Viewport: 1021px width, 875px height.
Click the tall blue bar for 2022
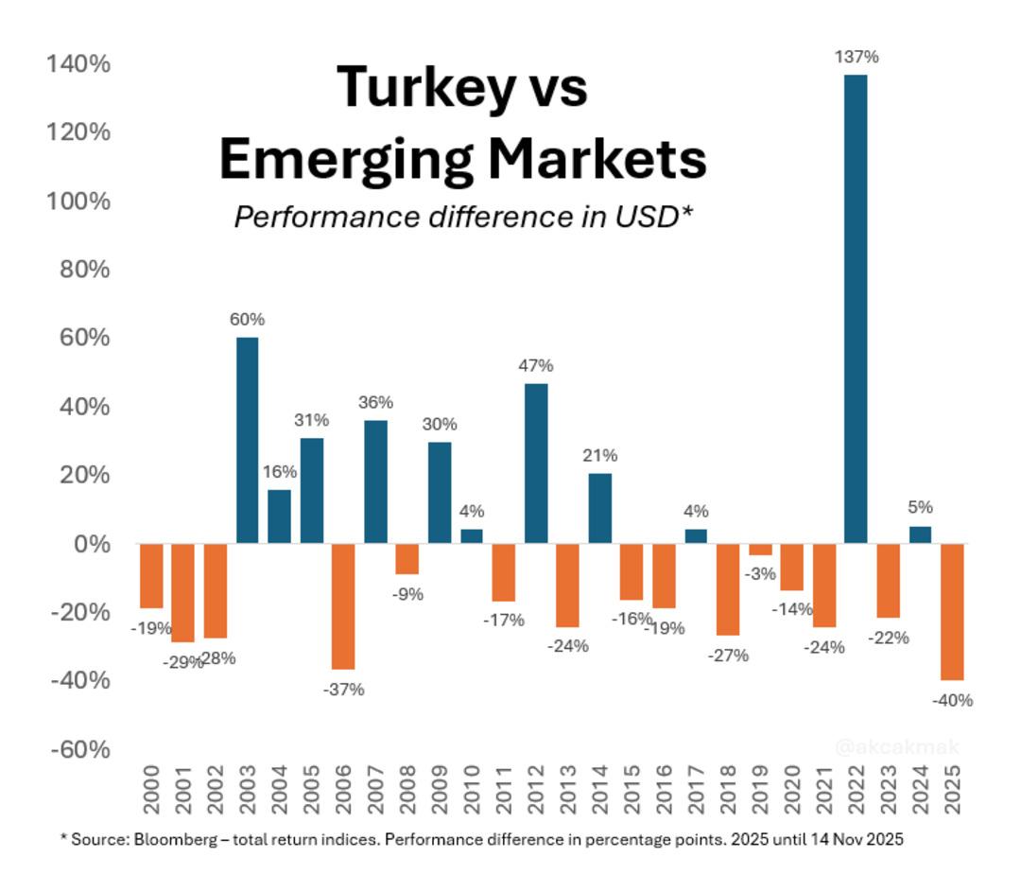pyautogui.click(x=856, y=308)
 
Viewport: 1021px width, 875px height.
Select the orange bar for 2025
pyautogui.click(x=952, y=611)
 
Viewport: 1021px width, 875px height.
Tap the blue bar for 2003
pyautogui.click(x=247, y=440)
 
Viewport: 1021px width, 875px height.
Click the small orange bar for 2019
pyautogui.click(x=760, y=550)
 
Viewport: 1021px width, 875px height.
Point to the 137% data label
pyautogui.click(x=856, y=57)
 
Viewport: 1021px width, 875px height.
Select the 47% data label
pyautogui.click(x=535, y=365)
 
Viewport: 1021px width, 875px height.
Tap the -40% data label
pyautogui.click(x=952, y=701)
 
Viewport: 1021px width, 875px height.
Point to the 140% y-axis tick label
pyautogui.click(x=78, y=64)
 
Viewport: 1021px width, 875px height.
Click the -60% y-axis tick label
pyautogui.click(x=78, y=749)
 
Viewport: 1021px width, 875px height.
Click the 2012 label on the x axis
pyautogui.click(x=536, y=791)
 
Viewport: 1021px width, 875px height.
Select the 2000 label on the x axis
pyautogui.click(x=151, y=791)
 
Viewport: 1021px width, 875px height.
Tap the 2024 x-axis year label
pyautogui.click(x=921, y=791)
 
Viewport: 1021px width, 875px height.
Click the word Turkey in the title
pyautogui.click(x=412, y=87)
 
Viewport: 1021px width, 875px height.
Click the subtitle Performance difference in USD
pyautogui.click(x=463, y=217)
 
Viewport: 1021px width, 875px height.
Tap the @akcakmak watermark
pyautogui.click(x=896, y=747)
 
